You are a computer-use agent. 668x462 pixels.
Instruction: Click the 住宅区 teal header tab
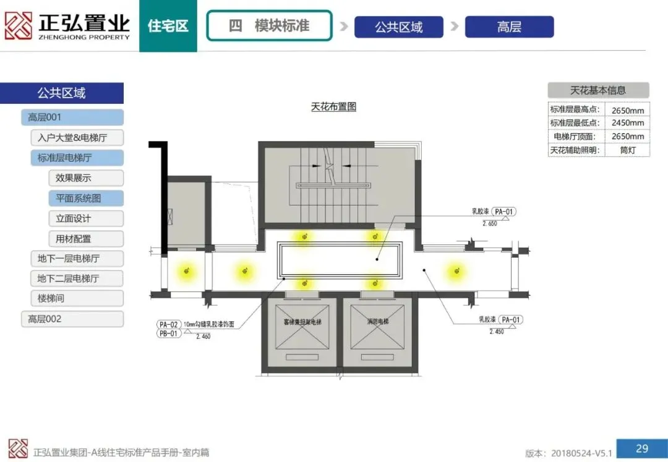[x=168, y=27]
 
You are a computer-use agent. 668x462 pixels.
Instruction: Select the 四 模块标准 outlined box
[x=269, y=26]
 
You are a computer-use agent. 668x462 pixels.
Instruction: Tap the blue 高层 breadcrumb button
[x=509, y=27]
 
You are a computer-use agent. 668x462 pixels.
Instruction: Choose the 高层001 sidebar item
[x=72, y=117]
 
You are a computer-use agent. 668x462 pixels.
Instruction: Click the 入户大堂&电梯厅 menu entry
[x=77, y=138]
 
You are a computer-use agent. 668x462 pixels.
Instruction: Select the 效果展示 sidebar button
[x=86, y=178]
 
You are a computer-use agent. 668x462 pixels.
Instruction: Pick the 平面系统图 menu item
[x=86, y=198]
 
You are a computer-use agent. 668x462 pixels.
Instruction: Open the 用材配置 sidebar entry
[x=86, y=238]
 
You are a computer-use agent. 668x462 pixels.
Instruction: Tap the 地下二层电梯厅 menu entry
[x=77, y=279]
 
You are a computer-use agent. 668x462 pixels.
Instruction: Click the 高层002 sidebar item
[x=72, y=319]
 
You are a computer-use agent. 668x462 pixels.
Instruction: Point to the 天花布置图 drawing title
[x=333, y=107]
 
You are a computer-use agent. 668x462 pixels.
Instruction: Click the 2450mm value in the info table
[x=627, y=123]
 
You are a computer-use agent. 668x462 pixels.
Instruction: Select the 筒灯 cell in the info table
[x=627, y=149]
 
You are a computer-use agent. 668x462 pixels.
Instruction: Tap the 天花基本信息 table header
[x=598, y=90]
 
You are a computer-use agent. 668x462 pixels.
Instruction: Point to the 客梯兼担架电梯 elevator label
[x=302, y=322]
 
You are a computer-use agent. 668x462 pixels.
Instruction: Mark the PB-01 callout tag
[x=169, y=334]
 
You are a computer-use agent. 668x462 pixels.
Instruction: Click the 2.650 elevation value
[x=489, y=224]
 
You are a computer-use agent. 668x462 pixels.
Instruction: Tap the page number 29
[x=642, y=448]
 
